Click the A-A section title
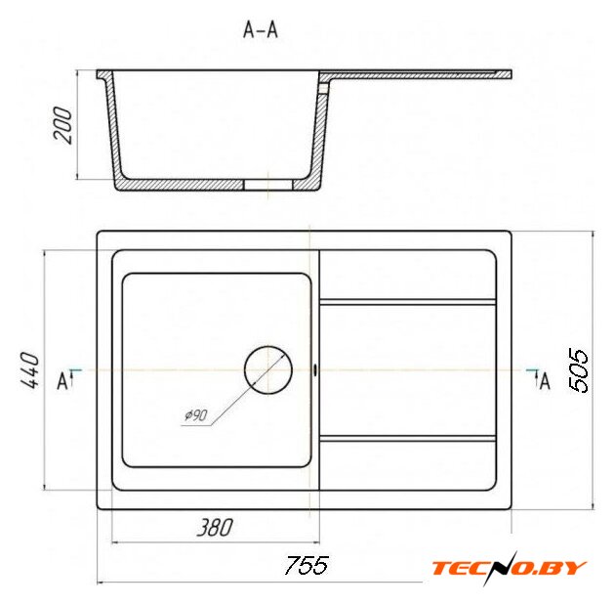[x=261, y=30]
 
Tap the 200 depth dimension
[x=62, y=124]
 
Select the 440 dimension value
[x=30, y=370]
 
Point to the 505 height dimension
[x=578, y=369]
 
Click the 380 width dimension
[x=215, y=527]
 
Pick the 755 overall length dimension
[x=307, y=565]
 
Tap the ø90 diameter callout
[x=196, y=414]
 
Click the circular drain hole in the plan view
[x=268, y=369]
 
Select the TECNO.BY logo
[x=509, y=568]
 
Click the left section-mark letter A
[x=62, y=381]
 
